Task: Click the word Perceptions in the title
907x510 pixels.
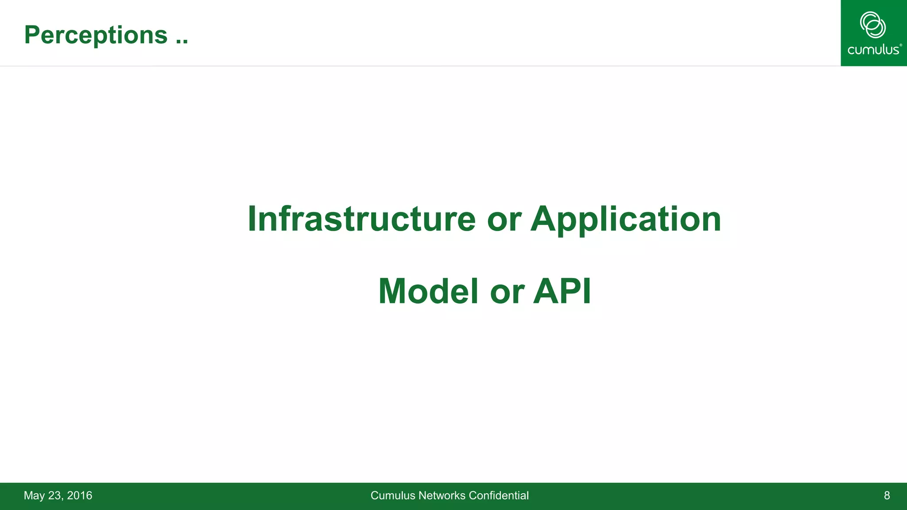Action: pyautogui.click(x=96, y=35)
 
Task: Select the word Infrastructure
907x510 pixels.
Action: pyautogui.click(x=361, y=219)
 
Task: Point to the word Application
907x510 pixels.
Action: pyautogui.click(x=626, y=220)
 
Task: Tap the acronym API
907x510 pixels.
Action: pyautogui.click(x=562, y=291)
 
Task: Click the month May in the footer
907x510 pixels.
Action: pyautogui.click(x=34, y=495)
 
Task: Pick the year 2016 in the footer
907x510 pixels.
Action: pyautogui.click(x=80, y=495)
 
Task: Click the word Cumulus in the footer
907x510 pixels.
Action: pyautogui.click(x=392, y=495)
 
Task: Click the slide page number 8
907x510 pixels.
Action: pyautogui.click(x=887, y=495)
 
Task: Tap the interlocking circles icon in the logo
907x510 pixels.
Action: pyautogui.click(x=872, y=25)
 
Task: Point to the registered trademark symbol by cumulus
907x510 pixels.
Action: pyautogui.click(x=900, y=45)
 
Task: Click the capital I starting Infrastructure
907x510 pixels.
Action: pyautogui.click(x=252, y=219)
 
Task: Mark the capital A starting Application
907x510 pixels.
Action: pyautogui.click(x=543, y=219)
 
